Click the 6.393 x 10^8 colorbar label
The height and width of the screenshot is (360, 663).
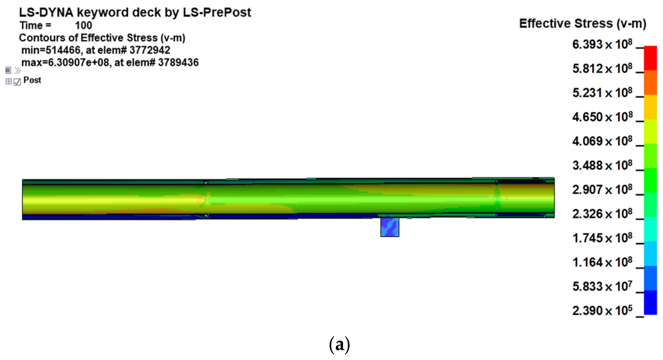(602, 44)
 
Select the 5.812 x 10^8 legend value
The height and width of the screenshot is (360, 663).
(602, 69)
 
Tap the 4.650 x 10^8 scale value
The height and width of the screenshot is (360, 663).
(602, 117)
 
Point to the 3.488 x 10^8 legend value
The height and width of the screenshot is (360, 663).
(602, 165)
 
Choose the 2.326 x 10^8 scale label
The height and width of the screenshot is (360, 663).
(602, 214)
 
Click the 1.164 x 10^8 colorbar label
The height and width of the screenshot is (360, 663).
(602, 262)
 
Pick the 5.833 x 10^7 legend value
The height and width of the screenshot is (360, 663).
(602, 286)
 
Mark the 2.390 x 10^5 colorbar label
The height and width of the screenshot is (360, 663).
(602, 311)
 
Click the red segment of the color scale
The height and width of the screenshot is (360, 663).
(650, 58)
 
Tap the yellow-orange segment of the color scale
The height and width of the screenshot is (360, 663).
(650, 107)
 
